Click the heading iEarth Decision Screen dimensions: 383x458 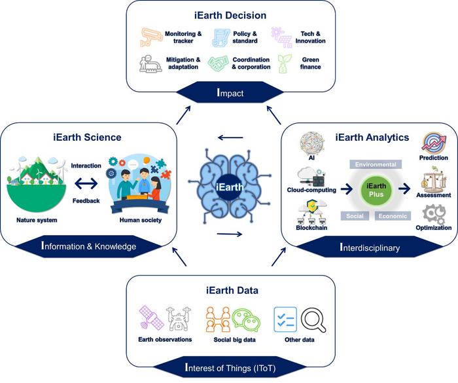point(228,14)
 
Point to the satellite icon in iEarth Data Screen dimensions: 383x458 point(150,319)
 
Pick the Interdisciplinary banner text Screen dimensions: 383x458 point(370,247)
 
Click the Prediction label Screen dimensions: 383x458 point(434,157)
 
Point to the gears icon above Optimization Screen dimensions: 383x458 point(434,213)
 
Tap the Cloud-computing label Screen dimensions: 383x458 point(309,190)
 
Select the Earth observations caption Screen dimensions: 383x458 point(164,340)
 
